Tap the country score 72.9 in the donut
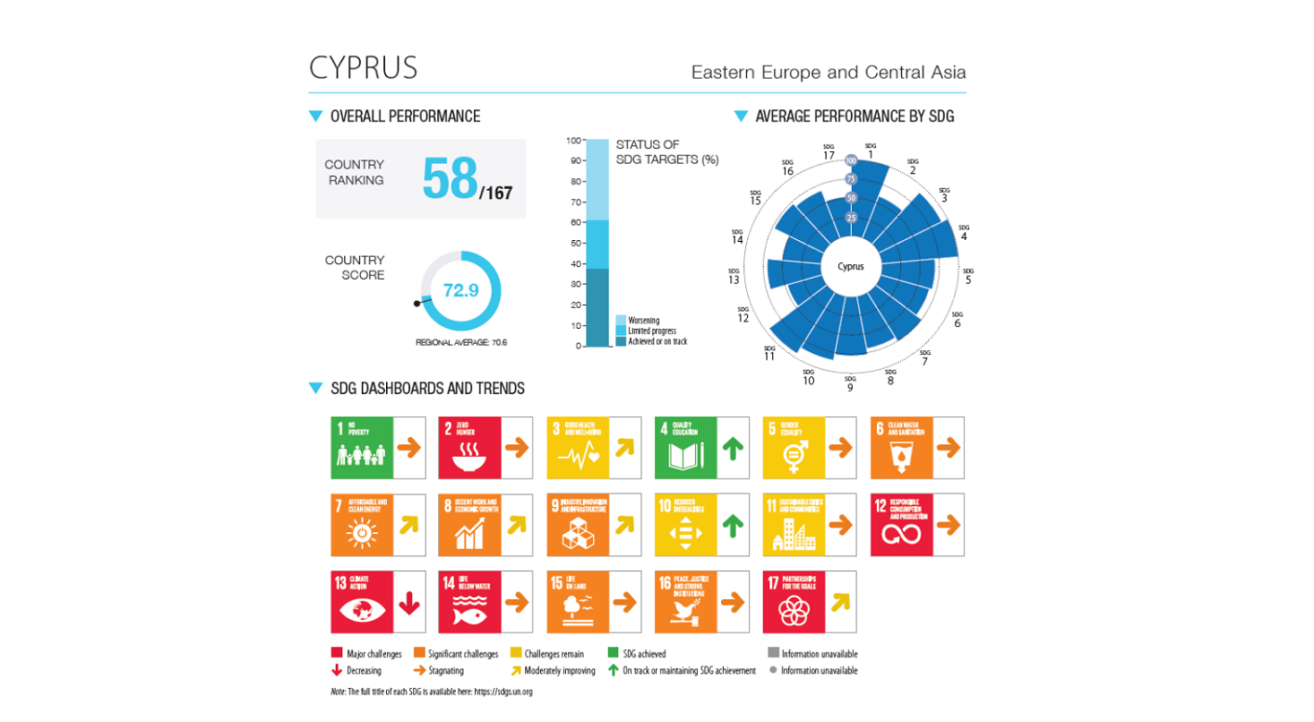coord(460,290)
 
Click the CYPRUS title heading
coord(363,68)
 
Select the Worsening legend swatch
coord(620,320)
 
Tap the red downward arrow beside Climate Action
coord(408,603)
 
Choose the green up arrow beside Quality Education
coord(734,448)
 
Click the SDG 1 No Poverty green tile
coord(362,447)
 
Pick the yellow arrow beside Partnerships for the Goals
coord(840,603)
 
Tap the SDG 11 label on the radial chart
coord(769,353)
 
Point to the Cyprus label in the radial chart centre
coord(851,266)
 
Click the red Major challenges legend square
coord(337,654)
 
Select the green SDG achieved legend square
coord(614,654)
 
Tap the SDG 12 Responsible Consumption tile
coord(902,524)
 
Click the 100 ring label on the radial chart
coord(851,160)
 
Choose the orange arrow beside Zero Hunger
coord(517,448)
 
